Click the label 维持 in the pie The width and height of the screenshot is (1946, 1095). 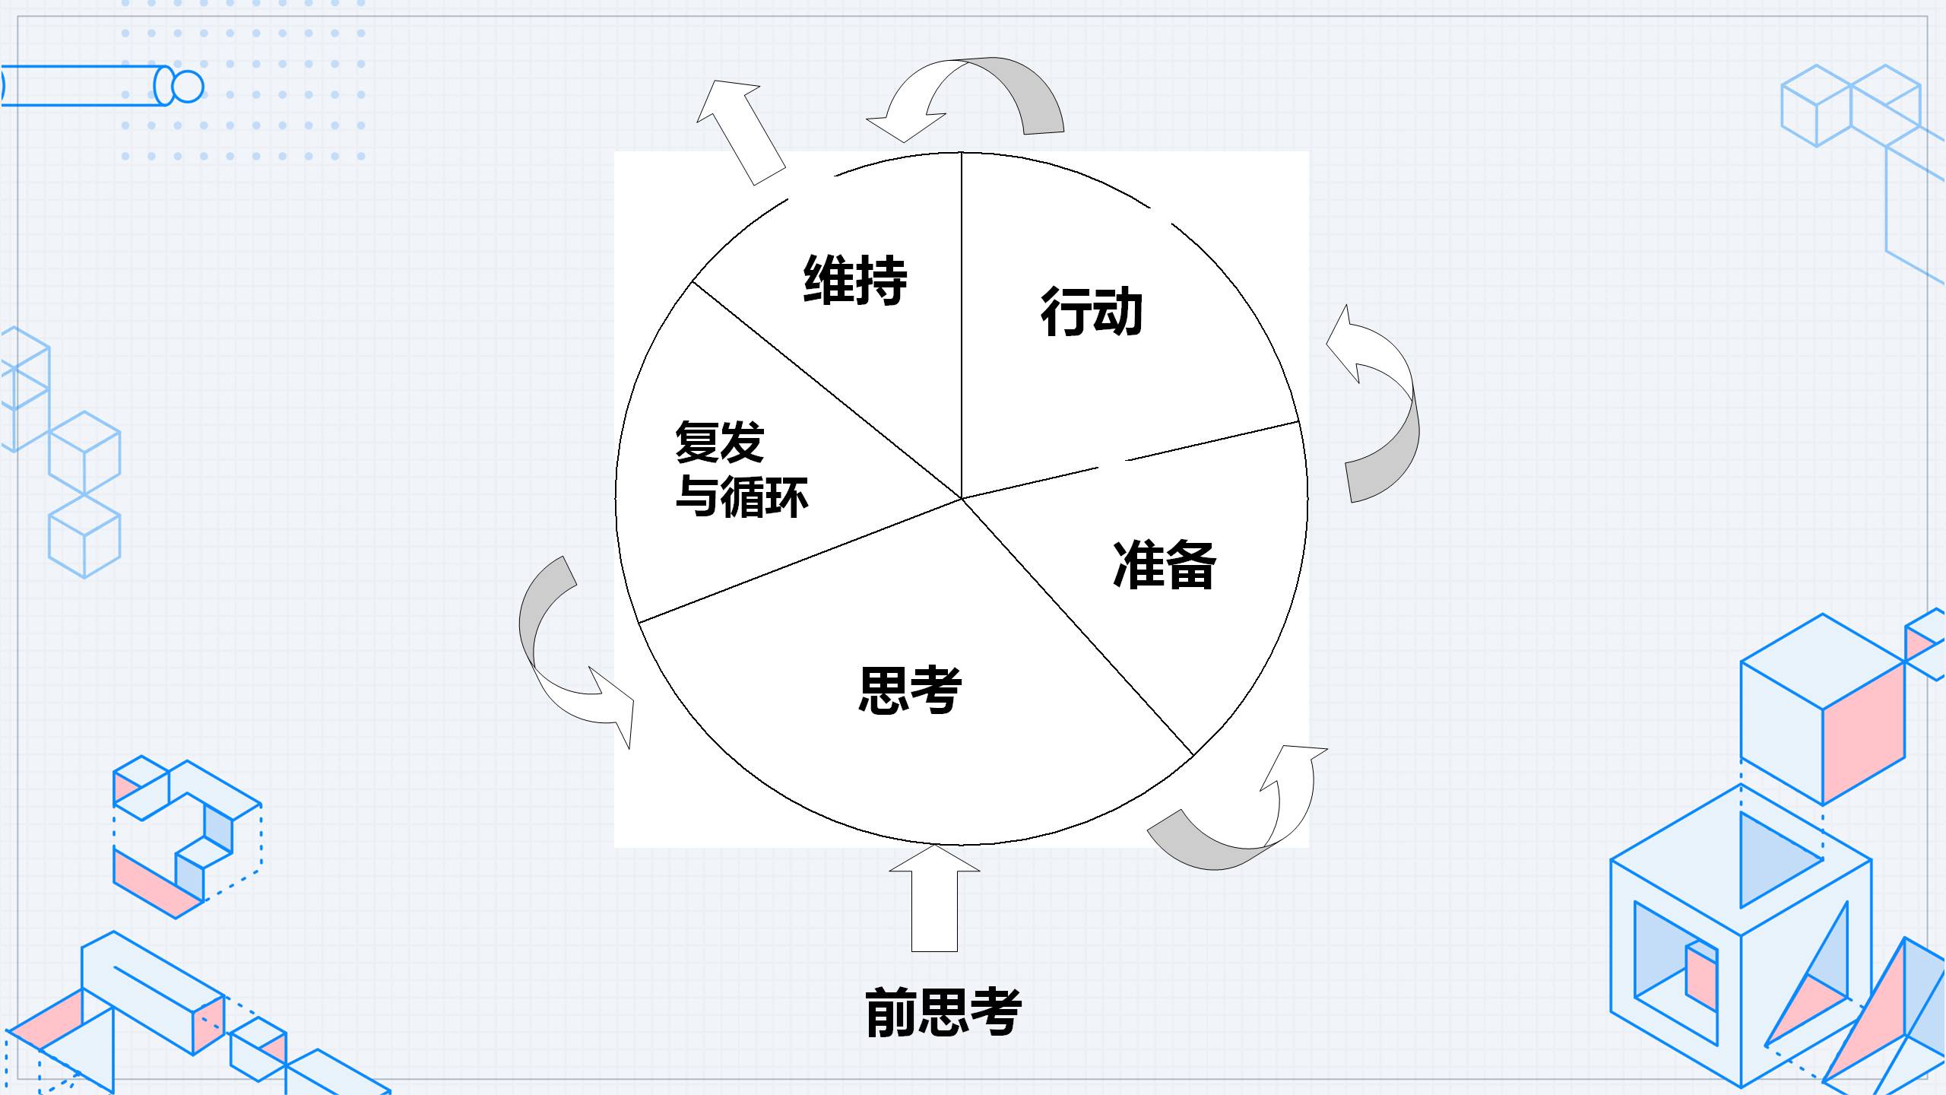(x=855, y=281)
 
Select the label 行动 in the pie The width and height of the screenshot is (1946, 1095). (x=1092, y=311)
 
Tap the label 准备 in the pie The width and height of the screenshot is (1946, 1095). (x=1164, y=565)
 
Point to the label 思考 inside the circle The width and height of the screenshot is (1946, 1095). (x=910, y=690)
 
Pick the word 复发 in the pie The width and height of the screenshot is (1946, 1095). (x=719, y=442)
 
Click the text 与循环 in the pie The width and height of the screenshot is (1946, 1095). (x=742, y=497)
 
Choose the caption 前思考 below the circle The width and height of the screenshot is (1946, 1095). (x=943, y=1012)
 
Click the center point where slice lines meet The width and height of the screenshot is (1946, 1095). (x=962, y=499)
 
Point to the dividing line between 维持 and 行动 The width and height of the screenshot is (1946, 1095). (x=962, y=327)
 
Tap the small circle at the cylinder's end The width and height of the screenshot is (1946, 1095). (x=188, y=86)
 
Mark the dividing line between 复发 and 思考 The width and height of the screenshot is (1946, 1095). (x=798, y=561)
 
